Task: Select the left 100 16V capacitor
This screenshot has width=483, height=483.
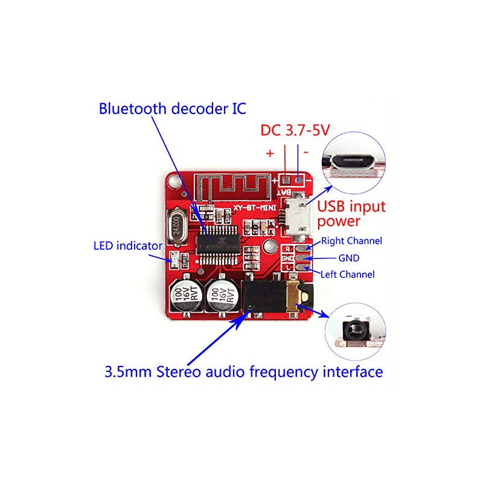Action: pos(184,296)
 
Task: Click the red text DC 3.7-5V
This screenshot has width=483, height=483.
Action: pos(295,129)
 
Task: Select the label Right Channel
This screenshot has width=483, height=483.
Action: pos(351,241)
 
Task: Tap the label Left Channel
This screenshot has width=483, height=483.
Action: pos(347,275)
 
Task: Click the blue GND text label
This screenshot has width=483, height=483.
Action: pos(349,258)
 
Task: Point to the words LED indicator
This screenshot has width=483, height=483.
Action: pos(128,246)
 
